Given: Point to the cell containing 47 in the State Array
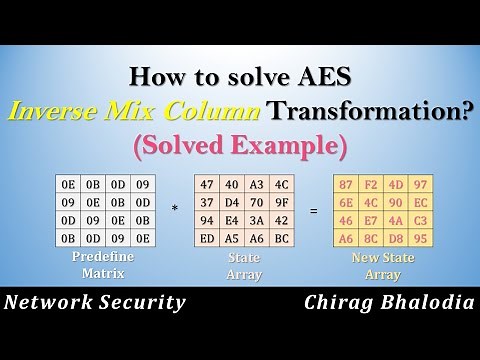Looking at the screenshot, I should click(x=207, y=184).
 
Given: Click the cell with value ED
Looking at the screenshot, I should click(x=207, y=238).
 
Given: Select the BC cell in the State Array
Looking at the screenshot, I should click(x=281, y=238).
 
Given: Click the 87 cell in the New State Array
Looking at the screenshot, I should click(x=346, y=184).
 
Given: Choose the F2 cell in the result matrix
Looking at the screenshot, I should click(x=371, y=184).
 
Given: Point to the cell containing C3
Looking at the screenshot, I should click(x=420, y=219).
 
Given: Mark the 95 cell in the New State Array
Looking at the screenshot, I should click(x=420, y=238).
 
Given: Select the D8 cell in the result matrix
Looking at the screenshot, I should click(x=396, y=238).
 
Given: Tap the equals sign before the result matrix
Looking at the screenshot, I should click(x=314, y=211).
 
